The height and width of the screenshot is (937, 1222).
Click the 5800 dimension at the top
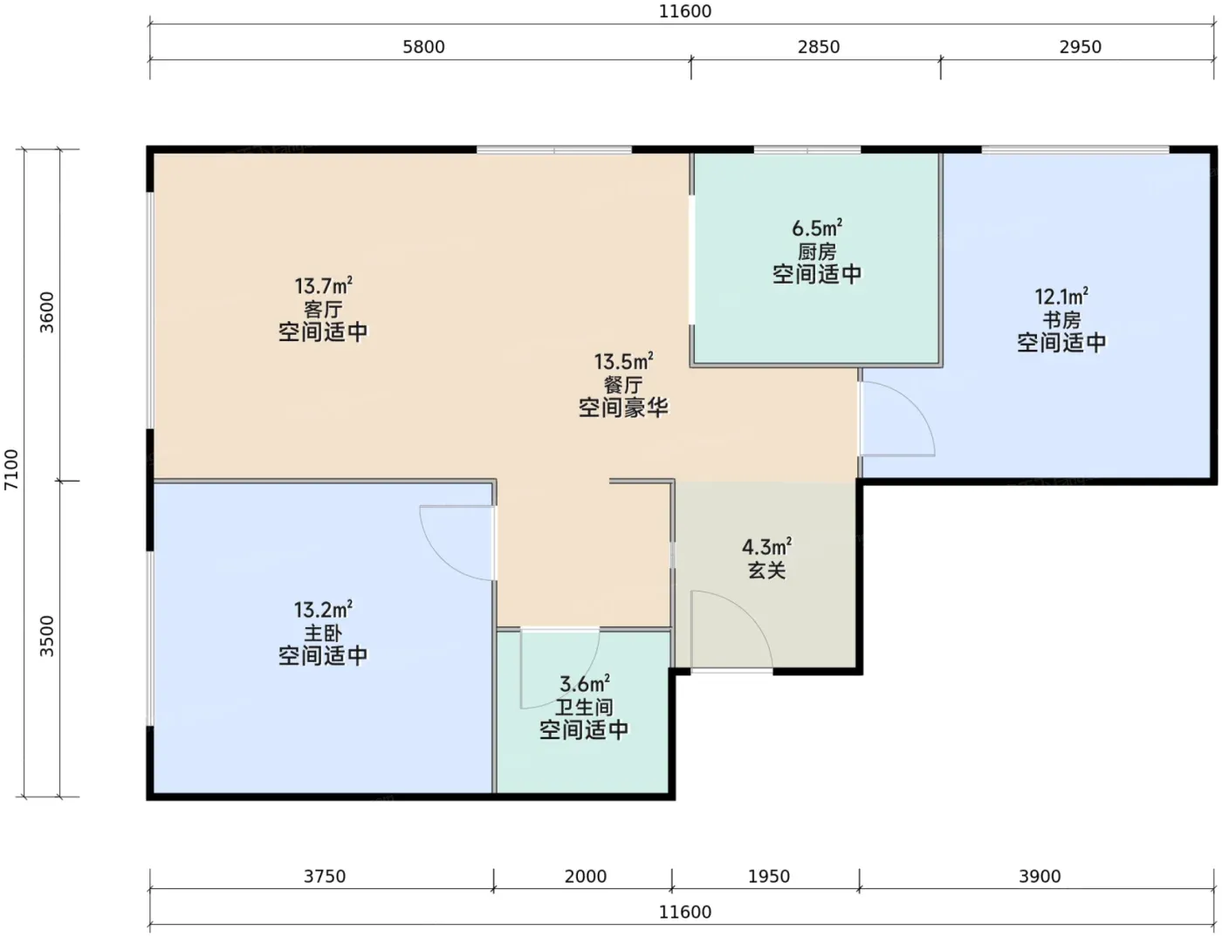click(x=423, y=46)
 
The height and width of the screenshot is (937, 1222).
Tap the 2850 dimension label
click(x=818, y=46)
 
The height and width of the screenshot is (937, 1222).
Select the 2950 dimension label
click(x=1081, y=46)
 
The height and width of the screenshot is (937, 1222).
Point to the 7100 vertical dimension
click(x=11, y=469)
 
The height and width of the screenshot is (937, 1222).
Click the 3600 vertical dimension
click(x=46, y=312)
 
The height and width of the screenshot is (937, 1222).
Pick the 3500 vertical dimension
click(x=46, y=636)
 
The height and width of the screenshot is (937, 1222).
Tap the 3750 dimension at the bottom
click(x=325, y=876)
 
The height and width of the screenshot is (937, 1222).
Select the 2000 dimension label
click(x=586, y=876)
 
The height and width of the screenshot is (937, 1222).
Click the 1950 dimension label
click(x=769, y=876)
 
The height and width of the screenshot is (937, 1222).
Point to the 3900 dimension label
click(x=1040, y=876)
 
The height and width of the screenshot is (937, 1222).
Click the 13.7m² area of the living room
click(x=323, y=286)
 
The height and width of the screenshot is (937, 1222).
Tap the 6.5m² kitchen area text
click(x=817, y=229)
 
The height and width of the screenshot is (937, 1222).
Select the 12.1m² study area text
click(x=1061, y=297)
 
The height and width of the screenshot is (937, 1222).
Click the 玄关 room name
click(x=766, y=571)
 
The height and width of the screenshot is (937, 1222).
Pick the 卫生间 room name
click(x=584, y=707)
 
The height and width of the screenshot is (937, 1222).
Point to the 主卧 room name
click(x=323, y=633)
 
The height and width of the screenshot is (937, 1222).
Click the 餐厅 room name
click(x=623, y=385)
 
